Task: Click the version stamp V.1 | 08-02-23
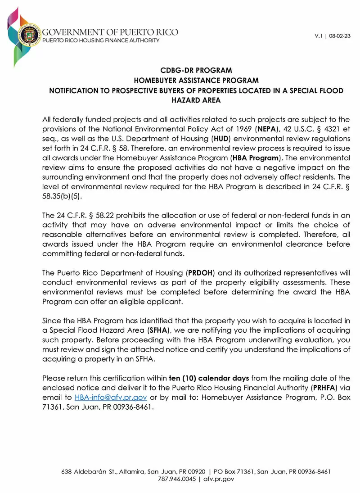click(x=333, y=36)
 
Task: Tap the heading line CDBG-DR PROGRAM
click(x=196, y=71)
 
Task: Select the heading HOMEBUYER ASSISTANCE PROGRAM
click(x=196, y=81)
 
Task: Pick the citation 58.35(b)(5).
click(x=62, y=197)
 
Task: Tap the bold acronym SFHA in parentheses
click(x=158, y=330)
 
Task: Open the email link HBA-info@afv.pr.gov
click(x=111, y=397)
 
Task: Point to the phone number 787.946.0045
click(x=177, y=479)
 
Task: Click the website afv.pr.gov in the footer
click(x=219, y=479)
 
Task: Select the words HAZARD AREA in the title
click(x=196, y=100)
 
